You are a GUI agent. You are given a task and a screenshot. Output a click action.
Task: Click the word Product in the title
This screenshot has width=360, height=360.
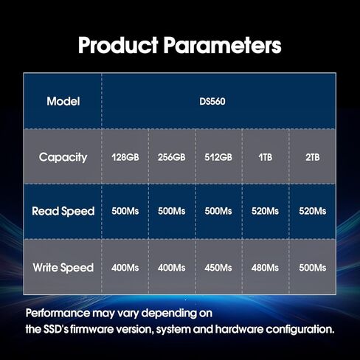click(118, 45)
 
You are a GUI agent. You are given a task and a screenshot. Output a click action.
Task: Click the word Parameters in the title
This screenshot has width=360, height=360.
click(223, 45)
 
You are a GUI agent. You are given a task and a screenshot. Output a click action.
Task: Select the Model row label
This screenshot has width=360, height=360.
click(63, 101)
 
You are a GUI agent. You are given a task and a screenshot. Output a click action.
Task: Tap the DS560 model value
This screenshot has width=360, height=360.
click(212, 102)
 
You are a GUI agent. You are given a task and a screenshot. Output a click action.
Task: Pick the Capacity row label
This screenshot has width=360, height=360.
click(63, 157)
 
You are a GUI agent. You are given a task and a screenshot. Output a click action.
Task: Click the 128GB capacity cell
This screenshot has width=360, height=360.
click(125, 157)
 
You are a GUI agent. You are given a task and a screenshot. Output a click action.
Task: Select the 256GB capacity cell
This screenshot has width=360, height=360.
click(172, 157)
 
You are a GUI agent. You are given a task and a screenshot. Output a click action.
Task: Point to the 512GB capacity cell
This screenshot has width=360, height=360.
click(218, 157)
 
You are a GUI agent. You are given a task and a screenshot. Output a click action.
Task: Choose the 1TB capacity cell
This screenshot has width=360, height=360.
click(266, 157)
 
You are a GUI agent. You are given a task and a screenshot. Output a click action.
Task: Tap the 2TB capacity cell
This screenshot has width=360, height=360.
click(313, 157)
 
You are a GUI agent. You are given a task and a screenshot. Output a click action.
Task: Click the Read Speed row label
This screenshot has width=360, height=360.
click(63, 212)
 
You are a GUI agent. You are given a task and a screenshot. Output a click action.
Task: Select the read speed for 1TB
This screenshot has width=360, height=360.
click(265, 211)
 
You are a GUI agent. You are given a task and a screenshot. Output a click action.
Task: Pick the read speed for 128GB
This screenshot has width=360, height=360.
click(125, 211)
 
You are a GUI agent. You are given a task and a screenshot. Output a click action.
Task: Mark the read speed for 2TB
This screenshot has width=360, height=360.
click(313, 211)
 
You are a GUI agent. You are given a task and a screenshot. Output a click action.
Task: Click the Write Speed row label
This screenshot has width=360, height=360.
click(63, 268)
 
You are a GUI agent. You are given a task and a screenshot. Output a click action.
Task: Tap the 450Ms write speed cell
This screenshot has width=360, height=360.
click(218, 268)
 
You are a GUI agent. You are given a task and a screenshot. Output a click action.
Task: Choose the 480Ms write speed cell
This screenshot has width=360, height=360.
click(265, 268)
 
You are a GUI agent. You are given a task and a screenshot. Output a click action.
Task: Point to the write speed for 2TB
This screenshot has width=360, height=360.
click(313, 268)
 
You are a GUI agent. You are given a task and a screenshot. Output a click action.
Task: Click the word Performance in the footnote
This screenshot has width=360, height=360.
click(58, 313)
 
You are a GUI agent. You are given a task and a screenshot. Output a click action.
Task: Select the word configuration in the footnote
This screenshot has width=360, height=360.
click(300, 330)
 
